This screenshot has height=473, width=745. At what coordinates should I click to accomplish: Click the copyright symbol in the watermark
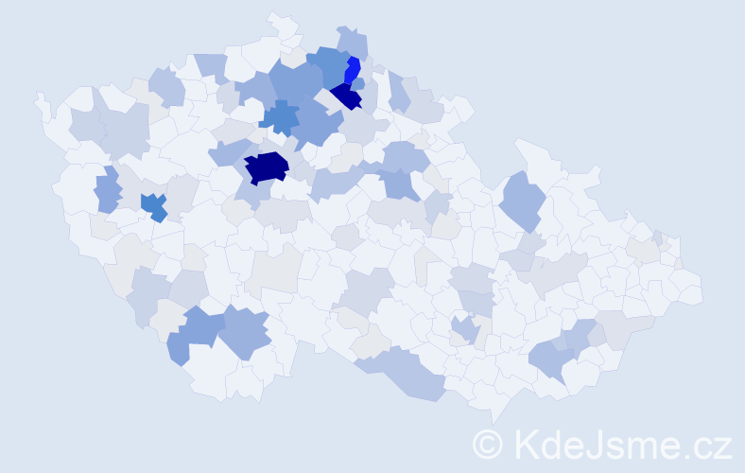490,444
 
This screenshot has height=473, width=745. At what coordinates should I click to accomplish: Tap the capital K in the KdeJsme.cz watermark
526,443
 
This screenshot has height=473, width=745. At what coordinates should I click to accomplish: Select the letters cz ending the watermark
714,445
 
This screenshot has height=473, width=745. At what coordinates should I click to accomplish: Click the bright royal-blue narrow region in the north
352,70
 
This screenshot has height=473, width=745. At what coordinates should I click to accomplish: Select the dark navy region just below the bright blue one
347,96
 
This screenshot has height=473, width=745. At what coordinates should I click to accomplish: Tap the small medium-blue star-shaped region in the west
153,205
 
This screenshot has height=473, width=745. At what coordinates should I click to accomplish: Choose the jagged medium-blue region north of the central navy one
280,118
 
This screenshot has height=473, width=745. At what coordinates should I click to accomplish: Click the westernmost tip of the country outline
38,97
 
